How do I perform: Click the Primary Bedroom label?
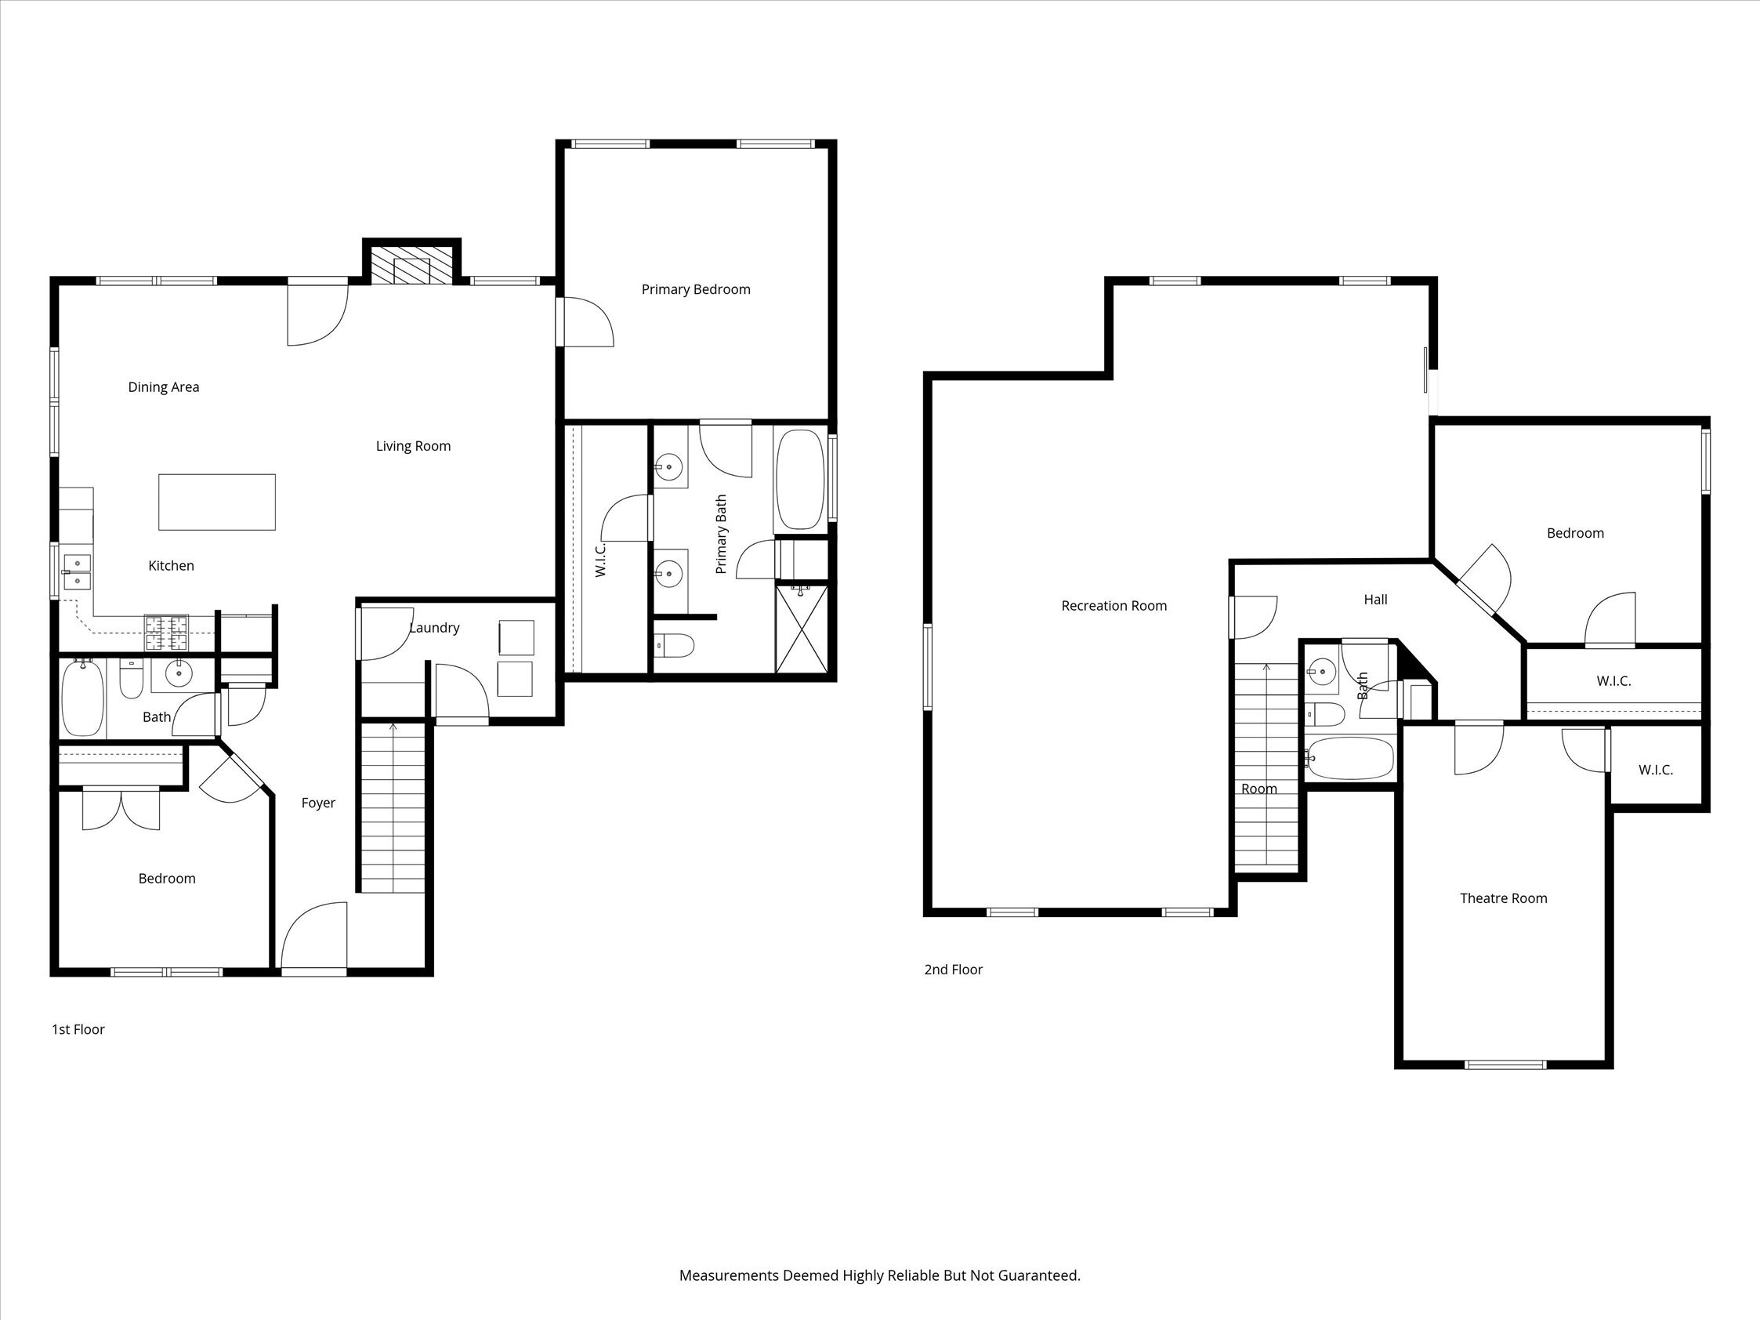(695, 289)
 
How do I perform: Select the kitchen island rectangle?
(216, 502)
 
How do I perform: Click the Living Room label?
(413, 446)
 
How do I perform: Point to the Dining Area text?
(163, 387)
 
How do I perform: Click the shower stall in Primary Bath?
(801, 629)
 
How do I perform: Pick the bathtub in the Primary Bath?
(799, 480)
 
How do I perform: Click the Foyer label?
(317, 803)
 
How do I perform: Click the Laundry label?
(433, 628)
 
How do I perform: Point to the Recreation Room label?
(1114, 606)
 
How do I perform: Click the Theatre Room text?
(1503, 899)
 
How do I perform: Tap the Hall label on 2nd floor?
(1375, 600)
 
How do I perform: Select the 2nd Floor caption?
(952, 970)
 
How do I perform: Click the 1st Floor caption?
(78, 1029)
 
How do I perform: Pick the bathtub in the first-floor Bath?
(82, 699)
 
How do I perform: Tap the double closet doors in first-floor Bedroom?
(121, 809)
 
